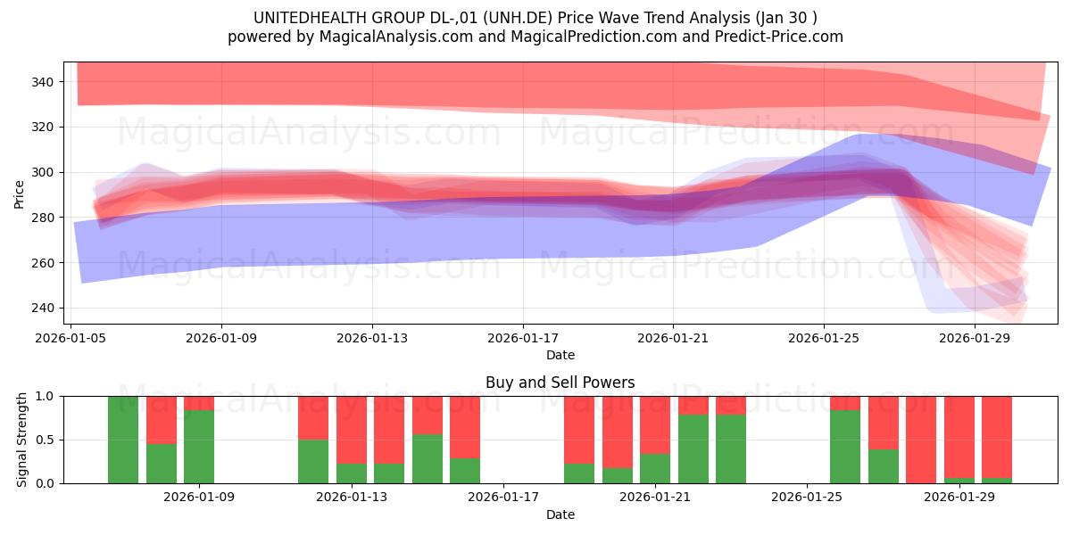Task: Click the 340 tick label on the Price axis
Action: [42, 82]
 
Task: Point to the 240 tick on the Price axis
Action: [42, 309]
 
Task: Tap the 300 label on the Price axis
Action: [42, 172]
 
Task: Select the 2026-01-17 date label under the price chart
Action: [523, 338]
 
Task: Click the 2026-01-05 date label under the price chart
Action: [71, 338]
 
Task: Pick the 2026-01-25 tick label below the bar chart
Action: [807, 498]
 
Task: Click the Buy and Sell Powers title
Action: [560, 383]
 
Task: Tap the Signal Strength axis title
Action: [22, 440]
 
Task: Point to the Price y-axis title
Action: [19, 194]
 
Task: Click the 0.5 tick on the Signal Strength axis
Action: [45, 440]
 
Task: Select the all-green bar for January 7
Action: [123, 440]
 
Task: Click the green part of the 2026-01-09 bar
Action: [199, 447]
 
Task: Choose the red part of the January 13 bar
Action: [352, 430]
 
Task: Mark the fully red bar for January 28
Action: [921, 440]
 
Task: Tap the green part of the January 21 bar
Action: [655, 469]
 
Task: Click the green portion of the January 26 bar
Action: [845, 447]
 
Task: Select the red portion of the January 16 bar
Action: [465, 427]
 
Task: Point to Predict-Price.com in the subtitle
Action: [778, 37]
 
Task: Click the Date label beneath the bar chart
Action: [560, 514]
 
